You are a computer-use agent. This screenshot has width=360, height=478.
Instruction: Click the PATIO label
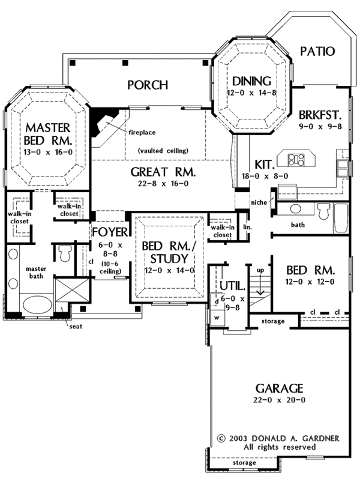(x=317, y=51)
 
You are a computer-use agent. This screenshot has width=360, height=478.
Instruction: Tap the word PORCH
(x=148, y=85)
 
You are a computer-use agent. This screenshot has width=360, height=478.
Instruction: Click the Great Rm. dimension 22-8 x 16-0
(x=155, y=184)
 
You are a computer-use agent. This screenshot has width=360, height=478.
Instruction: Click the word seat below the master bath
(x=75, y=327)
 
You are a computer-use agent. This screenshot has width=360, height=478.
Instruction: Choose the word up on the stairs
(x=260, y=271)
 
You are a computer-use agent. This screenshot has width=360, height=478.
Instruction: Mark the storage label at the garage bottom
(x=244, y=463)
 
